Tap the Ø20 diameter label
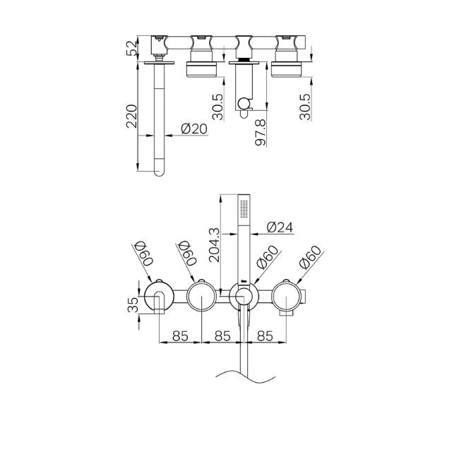tap(194, 129)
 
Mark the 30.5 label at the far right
tap(304, 107)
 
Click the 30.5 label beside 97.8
tap(219, 107)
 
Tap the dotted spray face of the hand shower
tap(244, 209)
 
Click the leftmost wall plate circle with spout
tap(159, 296)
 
